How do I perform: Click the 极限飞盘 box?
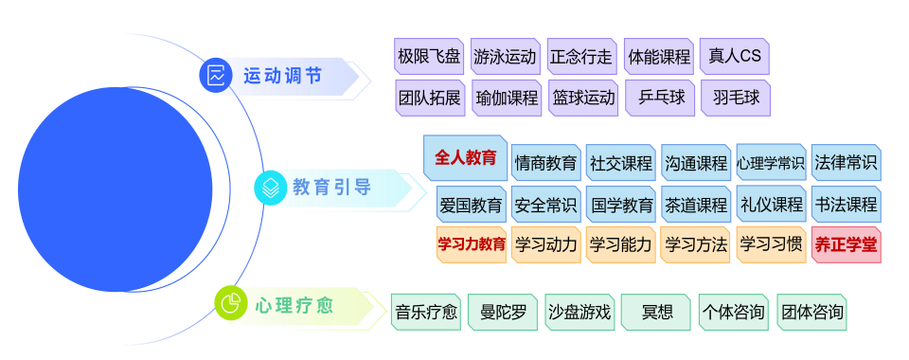[429, 56]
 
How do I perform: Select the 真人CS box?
[735, 56]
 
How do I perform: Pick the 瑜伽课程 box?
[507, 97]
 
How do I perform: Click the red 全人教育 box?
[465, 158]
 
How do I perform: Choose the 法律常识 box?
[846, 162]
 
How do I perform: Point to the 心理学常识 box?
[771, 162]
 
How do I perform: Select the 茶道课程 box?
[695, 204]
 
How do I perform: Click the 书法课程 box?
[846, 204]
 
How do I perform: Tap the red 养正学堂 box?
[846, 244]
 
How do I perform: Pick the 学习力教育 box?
[471, 244]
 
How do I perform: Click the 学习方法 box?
[695, 244]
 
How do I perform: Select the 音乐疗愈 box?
[426, 312]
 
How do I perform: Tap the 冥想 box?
[656, 312]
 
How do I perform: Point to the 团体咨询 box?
[811, 312]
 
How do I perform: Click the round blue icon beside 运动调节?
[216, 75]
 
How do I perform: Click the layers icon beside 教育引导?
[271, 188]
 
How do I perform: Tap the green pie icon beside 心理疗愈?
[230, 303]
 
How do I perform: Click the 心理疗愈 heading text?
[294, 304]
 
